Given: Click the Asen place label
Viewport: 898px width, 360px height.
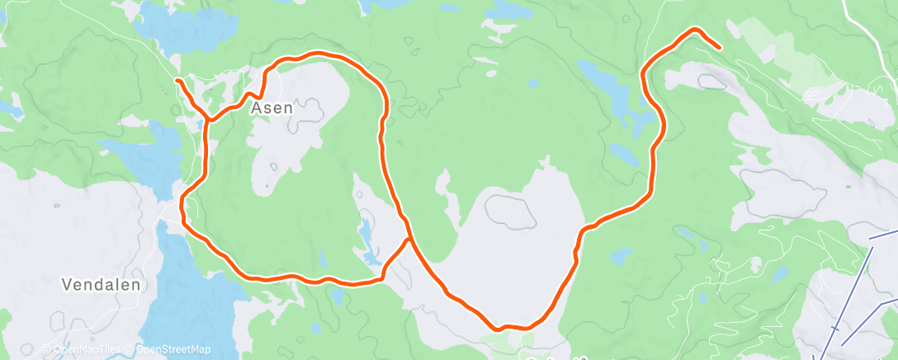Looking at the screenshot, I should point(273,107).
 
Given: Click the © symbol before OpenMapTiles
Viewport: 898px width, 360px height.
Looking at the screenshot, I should point(46,350).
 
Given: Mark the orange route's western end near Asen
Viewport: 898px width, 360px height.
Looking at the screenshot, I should point(177,79).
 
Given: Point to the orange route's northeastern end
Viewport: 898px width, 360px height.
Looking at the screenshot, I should point(721,48).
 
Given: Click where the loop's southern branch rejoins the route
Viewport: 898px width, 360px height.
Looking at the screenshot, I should point(409,239).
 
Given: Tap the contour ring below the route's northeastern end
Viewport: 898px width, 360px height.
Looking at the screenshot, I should point(709,81).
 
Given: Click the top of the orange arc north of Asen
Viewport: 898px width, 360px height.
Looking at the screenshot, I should point(318,54).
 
